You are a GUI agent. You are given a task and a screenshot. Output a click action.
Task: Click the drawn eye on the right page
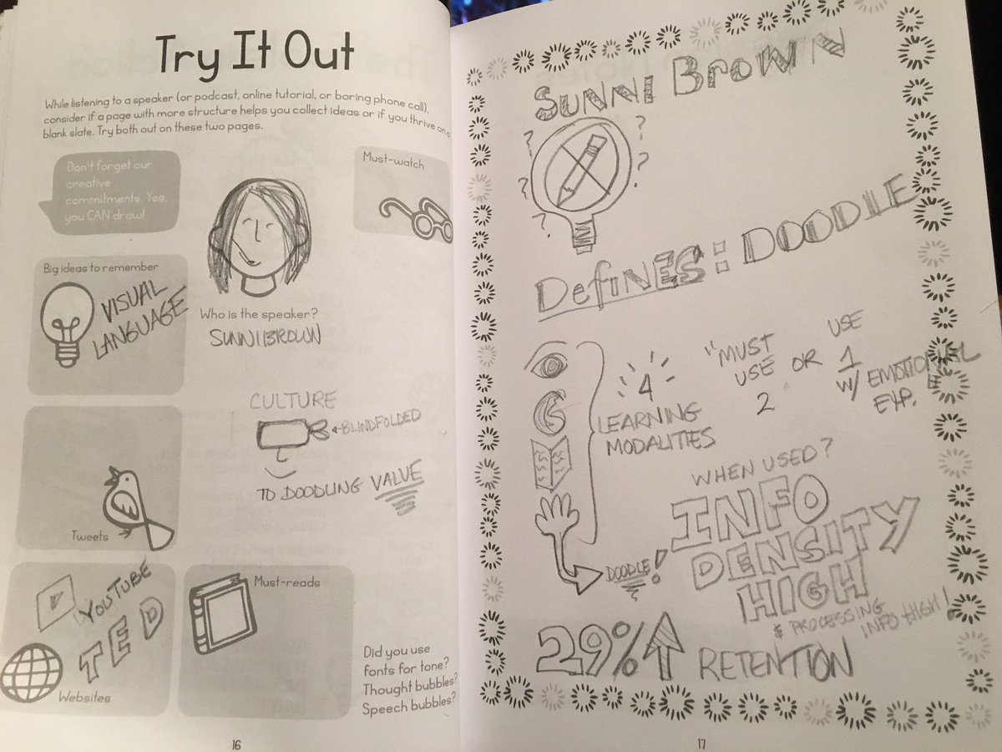(x=552, y=364)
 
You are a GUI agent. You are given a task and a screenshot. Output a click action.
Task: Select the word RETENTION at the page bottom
(x=772, y=664)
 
